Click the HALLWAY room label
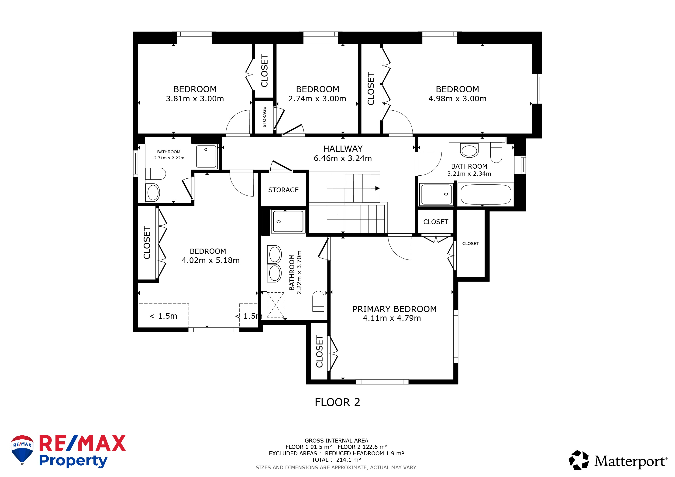point(343,149)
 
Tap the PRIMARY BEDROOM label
point(395,309)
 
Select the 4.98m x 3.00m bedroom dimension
point(458,99)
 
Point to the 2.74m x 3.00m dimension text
point(317,99)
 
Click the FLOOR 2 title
point(337,402)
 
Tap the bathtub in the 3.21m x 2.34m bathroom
point(486,194)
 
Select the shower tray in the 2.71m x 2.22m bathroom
point(206,156)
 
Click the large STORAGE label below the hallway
point(283,190)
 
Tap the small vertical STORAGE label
point(264,117)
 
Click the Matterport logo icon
point(579,460)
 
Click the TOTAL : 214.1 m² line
point(336,460)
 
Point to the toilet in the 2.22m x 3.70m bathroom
point(318,301)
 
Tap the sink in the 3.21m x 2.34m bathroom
point(469,151)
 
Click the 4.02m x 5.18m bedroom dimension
point(210,260)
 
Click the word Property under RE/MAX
point(73,461)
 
